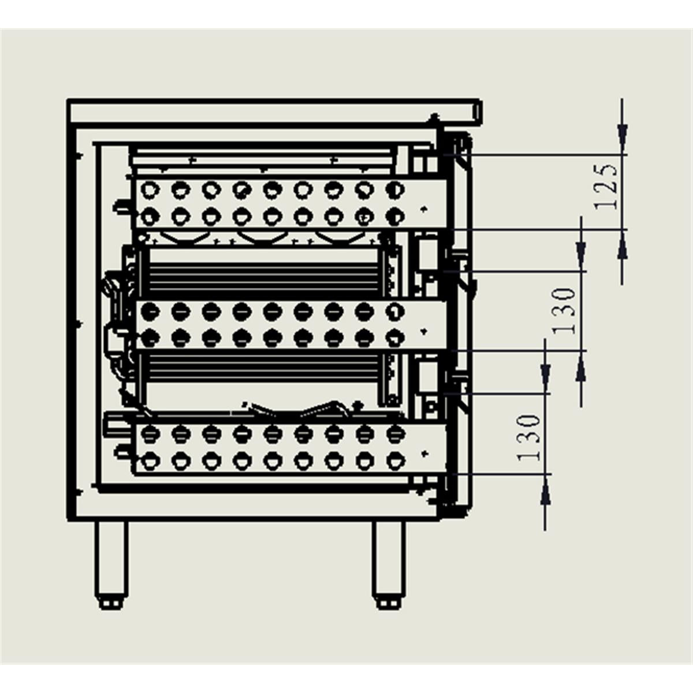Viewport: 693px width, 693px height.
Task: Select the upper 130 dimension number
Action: pyautogui.click(x=565, y=311)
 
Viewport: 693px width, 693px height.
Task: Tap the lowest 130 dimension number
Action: pyautogui.click(x=530, y=437)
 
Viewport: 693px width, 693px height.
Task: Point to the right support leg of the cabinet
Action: pyautogui.click(x=387, y=557)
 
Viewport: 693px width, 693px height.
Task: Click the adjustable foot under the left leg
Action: pyautogui.click(x=111, y=602)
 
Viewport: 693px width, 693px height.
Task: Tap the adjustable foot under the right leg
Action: pyautogui.click(x=387, y=602)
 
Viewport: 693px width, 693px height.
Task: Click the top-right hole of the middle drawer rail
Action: pyautogui.click(x=394, y=311)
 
